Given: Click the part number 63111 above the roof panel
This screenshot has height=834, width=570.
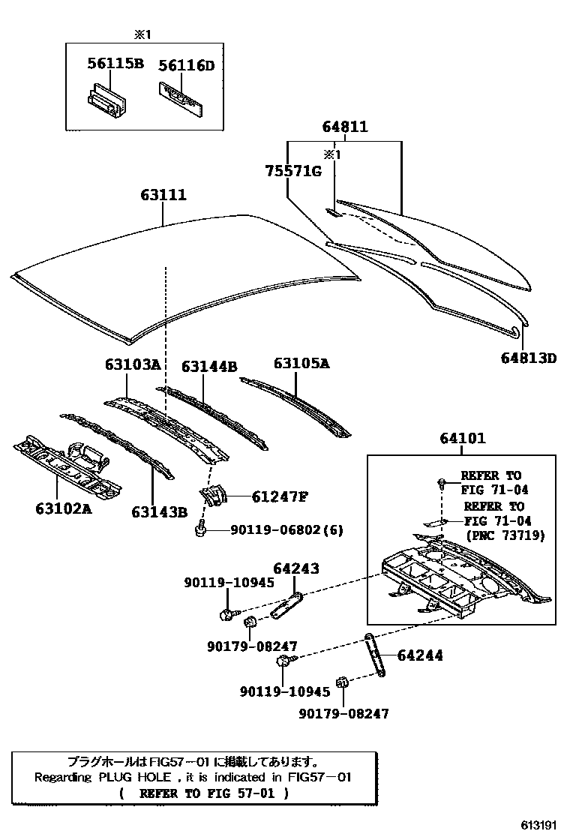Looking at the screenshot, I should pyautogui.click(x=163, y=195).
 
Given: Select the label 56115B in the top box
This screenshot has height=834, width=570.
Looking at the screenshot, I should pyautogui.click(x=115, y=64).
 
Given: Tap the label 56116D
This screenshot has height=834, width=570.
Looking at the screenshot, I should pyautogui.click(x=186, y=66).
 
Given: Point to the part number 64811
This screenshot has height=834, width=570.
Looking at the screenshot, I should pyautogui.click(x=345, y=127).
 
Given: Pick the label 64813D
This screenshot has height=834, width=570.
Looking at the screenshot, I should pyautogui.click(x=529, y=358).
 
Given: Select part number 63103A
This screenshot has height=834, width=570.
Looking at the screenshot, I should pyautogui.click(x=132, y=365).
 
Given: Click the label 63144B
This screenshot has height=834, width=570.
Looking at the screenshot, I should pyautogui.click(x=209, y=366).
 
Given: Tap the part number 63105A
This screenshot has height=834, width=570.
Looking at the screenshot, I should pyautogui.click(x=301, y=363).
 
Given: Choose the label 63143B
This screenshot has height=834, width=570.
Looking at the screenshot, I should pyautogui.click(x=159, y=511).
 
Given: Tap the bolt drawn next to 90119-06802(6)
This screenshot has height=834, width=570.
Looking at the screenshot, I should pyautogui.click(x=200, y=530).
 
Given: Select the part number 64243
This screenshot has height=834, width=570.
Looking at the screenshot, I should pyautogui.click(x=295, y=570).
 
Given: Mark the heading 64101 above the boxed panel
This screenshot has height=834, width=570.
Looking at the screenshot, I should pyautogui.click(x=462, y=438).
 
